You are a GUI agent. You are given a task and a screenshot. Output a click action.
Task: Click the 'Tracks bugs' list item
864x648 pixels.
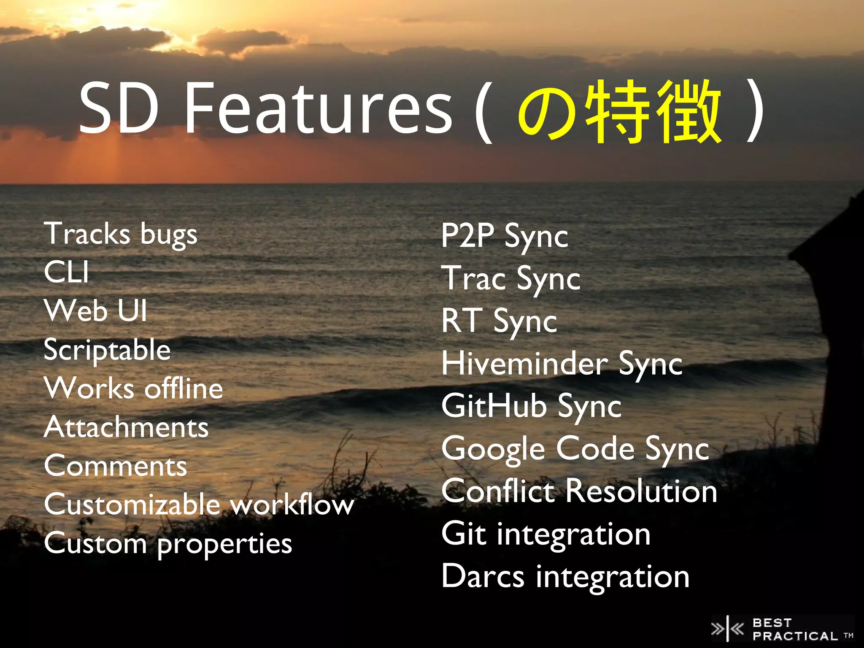click(121, 235)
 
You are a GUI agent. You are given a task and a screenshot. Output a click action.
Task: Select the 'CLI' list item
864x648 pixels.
click(67, 272)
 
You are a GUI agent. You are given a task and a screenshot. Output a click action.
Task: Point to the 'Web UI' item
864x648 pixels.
click(96, 310)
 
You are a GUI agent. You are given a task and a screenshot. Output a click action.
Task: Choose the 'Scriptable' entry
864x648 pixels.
click(107, 350)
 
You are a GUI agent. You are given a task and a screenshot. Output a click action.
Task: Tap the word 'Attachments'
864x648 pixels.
click(126, 427)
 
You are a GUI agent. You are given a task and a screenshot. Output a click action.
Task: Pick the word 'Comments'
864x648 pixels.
click(115, 466)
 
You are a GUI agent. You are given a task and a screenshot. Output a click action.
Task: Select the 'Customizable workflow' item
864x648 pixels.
click(199, 505)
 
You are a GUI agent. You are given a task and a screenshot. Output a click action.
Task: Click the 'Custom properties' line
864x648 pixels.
click(168, 544)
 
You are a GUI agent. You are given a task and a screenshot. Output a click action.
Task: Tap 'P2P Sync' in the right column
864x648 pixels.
click(505, 236)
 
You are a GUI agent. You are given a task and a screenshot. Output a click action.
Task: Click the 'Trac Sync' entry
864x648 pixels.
click(511, 279)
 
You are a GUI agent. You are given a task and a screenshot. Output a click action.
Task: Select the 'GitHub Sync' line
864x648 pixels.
click(531, 406)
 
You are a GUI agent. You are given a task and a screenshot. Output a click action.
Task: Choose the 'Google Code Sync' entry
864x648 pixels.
click(575, 449)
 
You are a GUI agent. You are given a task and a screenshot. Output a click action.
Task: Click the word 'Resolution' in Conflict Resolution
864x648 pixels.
click(641, 491)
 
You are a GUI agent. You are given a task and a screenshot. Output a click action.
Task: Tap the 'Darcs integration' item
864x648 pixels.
click(565, 577)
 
